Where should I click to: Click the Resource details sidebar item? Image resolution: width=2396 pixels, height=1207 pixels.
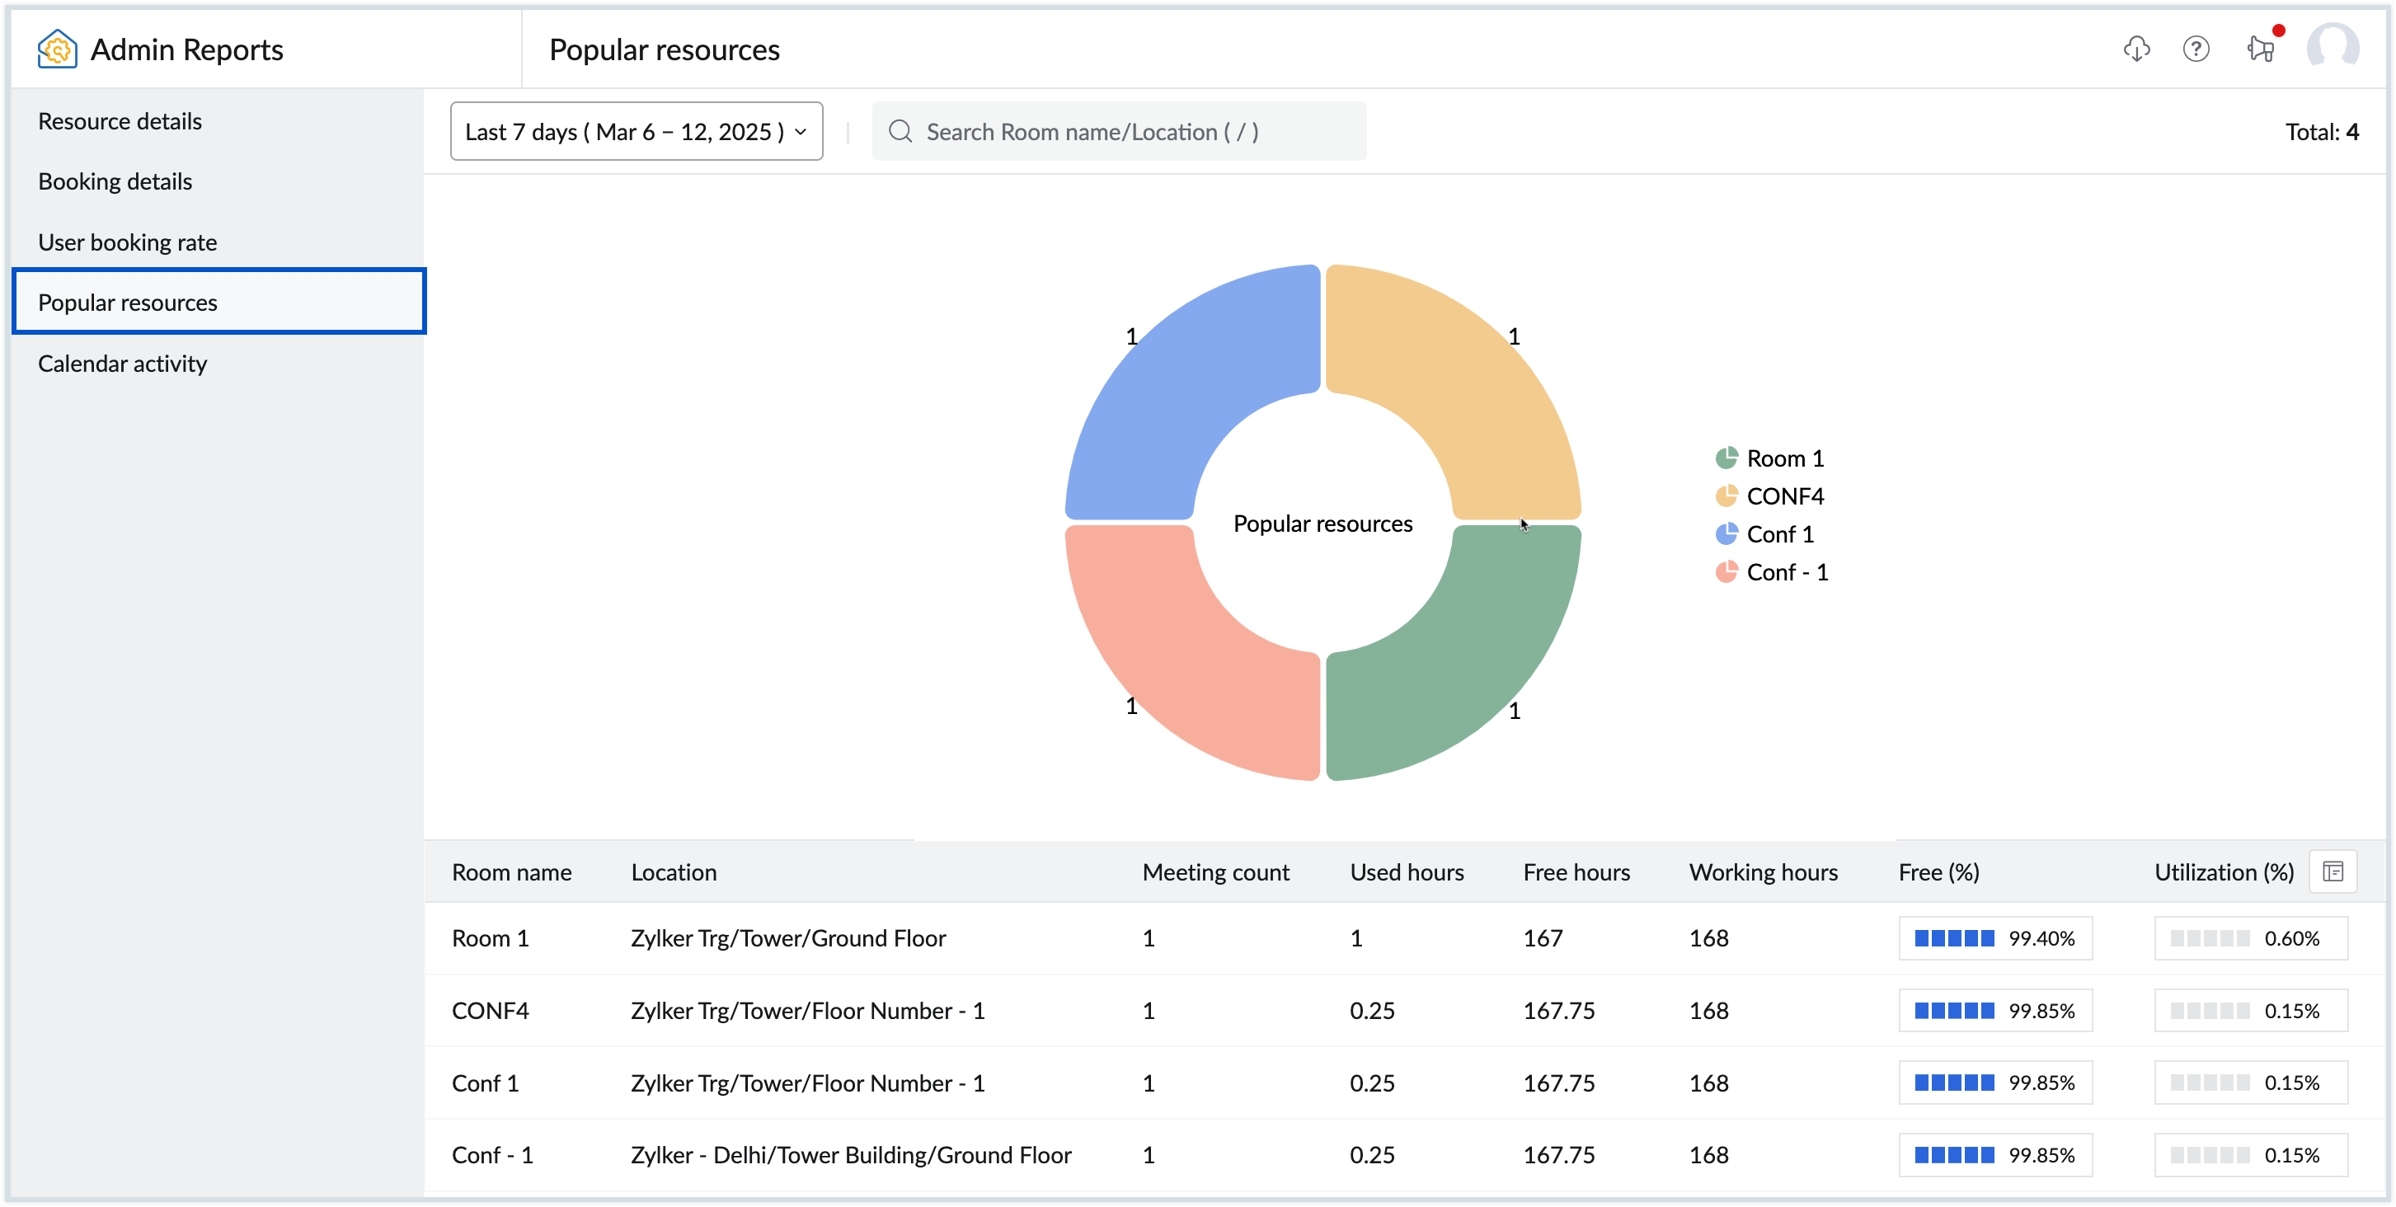(120, 121)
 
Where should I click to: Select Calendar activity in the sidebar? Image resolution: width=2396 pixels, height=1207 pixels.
(122, 364)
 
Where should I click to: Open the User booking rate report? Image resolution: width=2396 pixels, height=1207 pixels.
(128, 242)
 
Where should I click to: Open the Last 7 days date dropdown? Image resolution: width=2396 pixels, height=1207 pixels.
(637, 132)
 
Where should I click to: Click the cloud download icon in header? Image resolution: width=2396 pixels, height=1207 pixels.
(2136, 49)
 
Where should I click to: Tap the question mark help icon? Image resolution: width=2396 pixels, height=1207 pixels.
(2196, 49)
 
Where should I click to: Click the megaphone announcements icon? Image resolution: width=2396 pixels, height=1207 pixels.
(2260, 49)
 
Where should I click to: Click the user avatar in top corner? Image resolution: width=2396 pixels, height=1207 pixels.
(2333, 46)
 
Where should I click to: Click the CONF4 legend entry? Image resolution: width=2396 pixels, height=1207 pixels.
(1784, 496)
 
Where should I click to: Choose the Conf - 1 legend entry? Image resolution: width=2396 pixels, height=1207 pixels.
(1786, 573)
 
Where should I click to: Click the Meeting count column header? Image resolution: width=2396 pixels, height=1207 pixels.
(1214, 872)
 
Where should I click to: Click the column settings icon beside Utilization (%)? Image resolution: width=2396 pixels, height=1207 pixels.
(2333, 872)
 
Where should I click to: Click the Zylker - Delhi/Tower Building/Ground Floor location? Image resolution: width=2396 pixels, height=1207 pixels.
(850, 1155)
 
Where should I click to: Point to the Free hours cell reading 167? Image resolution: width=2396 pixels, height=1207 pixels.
(1542, 938)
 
